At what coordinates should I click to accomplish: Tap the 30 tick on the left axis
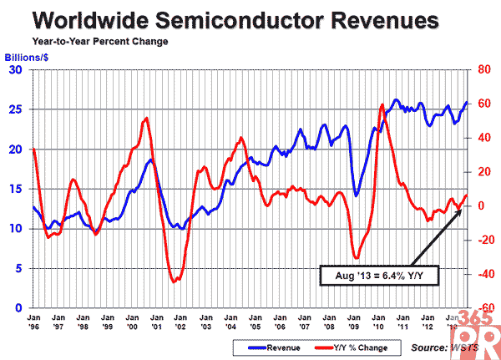coord(16,70)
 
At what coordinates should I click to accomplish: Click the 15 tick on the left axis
coord(16,189)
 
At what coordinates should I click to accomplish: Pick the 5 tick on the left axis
coord(19,268)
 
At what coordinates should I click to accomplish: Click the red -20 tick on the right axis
coord(483,240)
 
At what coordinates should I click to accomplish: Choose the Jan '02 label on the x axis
coord(180,322)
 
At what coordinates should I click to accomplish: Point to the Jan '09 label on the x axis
coord(352,322)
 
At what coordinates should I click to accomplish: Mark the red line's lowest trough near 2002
coord(174,282)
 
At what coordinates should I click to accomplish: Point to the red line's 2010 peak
coord(382,104)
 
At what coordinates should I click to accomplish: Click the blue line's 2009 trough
coord(357,195)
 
